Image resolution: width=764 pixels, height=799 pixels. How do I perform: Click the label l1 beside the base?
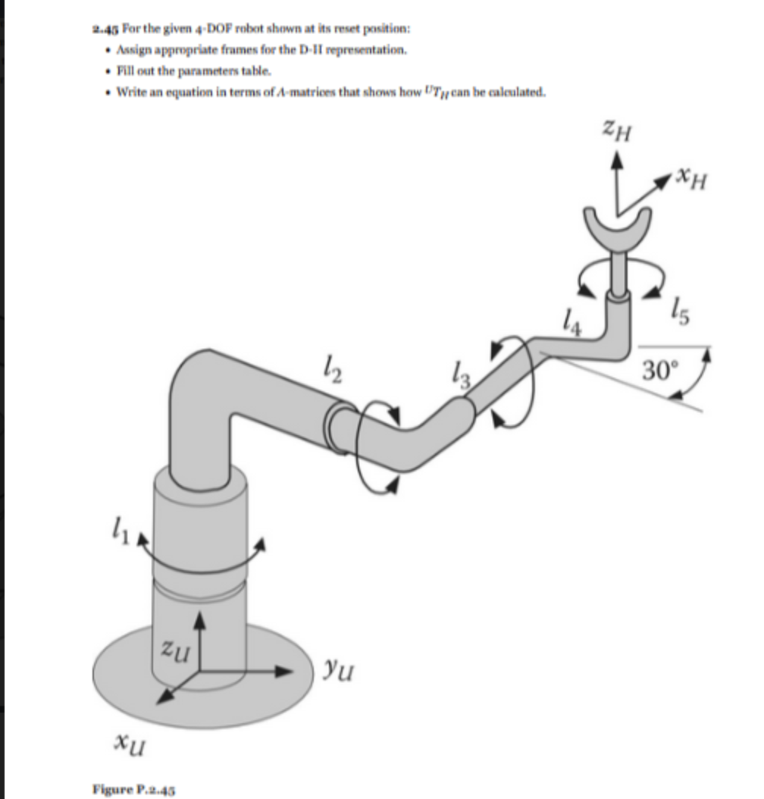[112, 524]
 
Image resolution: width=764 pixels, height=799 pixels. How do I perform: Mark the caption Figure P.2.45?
[133, 788]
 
